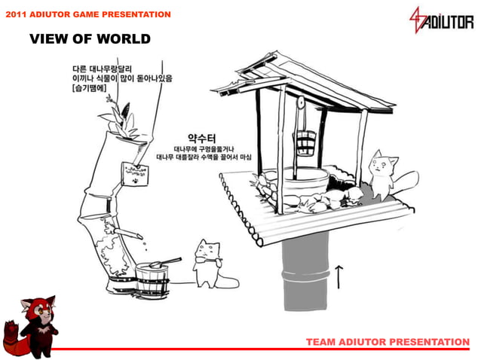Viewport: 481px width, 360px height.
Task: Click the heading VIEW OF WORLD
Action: click(90, 39)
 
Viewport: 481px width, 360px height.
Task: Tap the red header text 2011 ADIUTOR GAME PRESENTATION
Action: click(87, 14)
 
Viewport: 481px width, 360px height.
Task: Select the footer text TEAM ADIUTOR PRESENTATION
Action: click(388, 342)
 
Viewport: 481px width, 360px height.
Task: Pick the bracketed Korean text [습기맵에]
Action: click(89, 88)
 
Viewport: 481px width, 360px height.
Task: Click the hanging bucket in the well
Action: click(305, 140)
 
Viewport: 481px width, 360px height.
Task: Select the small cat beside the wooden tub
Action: click(207, 264)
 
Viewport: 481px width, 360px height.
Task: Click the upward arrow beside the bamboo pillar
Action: click(339, 276)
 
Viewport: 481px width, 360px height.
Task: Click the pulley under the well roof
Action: click(301, 102)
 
